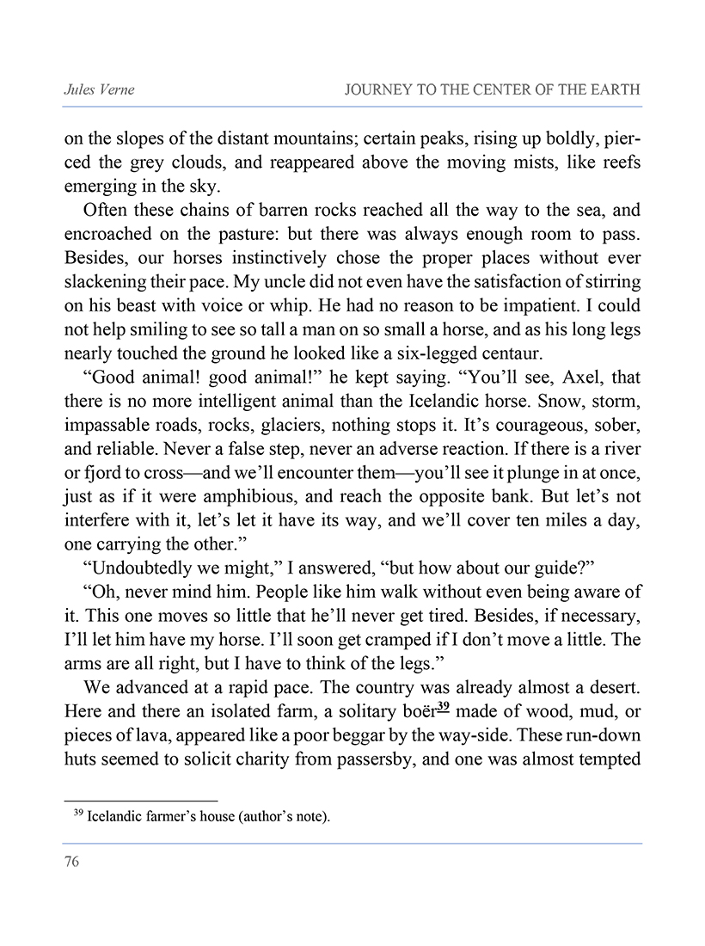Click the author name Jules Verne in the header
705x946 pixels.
click(x=94, y=90)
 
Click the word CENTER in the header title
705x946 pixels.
click(x=512, y=90)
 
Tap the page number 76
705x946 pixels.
click(x=71, y=862)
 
